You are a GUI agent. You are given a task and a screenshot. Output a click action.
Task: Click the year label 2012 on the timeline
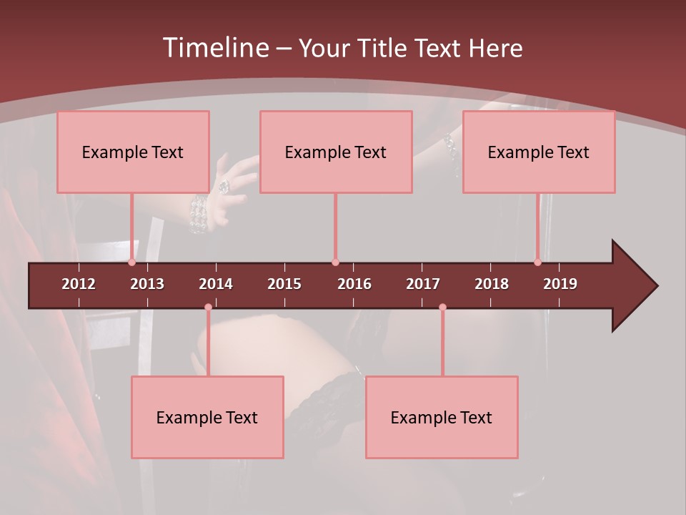(x=79, y=284)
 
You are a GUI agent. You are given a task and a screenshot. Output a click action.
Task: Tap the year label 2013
(x=147, y=284)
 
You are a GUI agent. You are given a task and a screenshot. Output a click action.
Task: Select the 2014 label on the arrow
(x=216, y=284)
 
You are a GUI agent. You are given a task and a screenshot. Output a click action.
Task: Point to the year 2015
(x=284, y=284)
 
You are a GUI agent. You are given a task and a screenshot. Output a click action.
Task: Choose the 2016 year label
(x=354, y=284)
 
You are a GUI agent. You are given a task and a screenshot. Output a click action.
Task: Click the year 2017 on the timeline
(x=423, y=284)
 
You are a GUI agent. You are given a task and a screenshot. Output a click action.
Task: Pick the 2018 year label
(x=492, y=284)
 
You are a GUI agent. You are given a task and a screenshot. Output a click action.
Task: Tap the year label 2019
(x=560, y=284)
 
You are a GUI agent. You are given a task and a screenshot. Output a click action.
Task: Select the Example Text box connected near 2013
(x=133, y=152)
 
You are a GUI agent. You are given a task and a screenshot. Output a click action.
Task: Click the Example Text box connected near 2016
(x=336, y=152)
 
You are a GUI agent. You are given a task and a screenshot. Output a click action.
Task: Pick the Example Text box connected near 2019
(x=539, y=152)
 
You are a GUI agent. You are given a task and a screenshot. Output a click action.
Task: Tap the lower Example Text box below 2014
(x=207, y=417)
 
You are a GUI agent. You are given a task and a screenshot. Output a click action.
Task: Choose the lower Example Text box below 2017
(x=442, y=417)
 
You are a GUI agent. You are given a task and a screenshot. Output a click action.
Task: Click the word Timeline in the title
(x=214, y=48)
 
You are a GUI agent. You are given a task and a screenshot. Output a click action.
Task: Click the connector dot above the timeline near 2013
(x=132, y=263)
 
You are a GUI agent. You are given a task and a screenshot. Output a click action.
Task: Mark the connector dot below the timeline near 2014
(x=208, y=307)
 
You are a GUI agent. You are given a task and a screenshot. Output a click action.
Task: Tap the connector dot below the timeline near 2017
(x=442, y=307)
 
